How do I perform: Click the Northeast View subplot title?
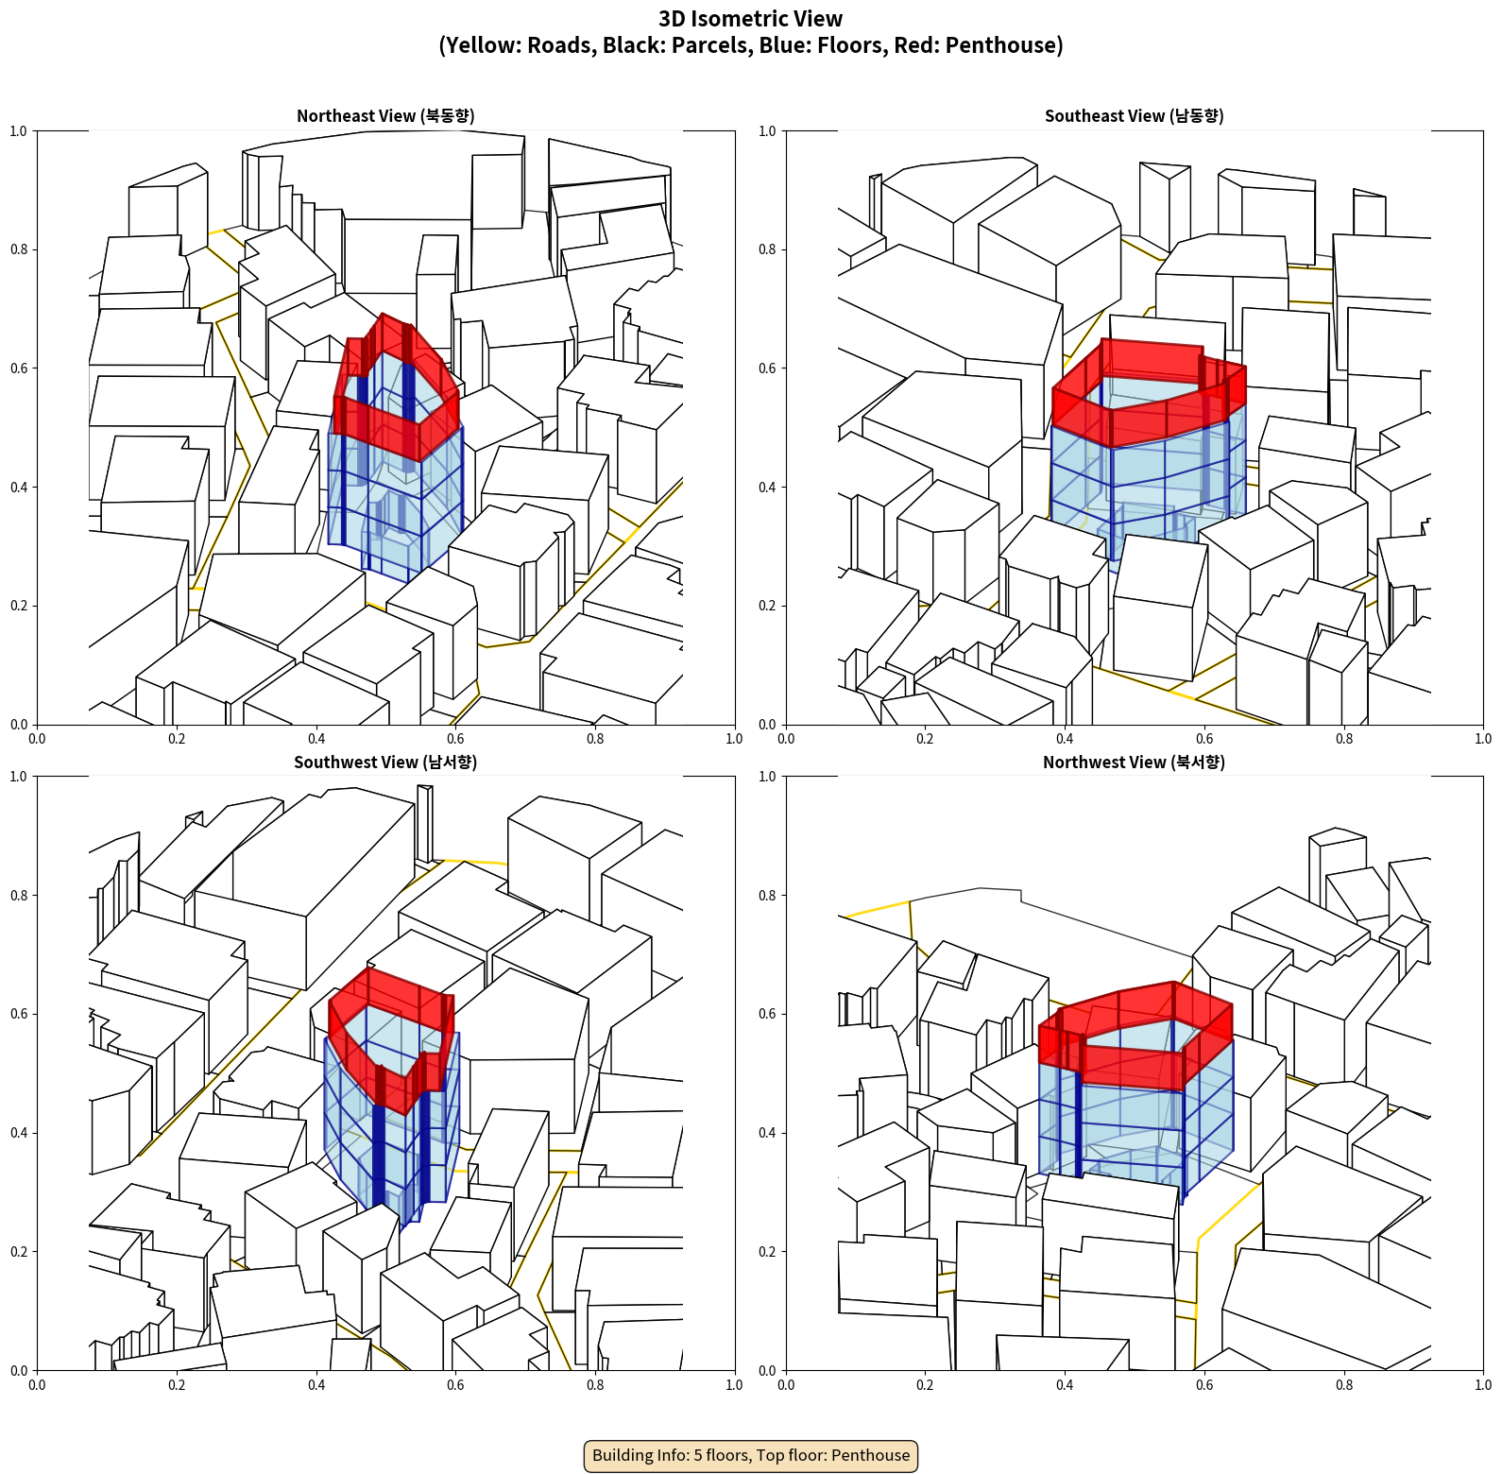[385, 115]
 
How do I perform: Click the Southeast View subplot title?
[1134, 115]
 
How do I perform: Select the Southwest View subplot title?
[385, 762]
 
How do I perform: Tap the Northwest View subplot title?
[1134, 762]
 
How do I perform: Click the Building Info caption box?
[751, 1455]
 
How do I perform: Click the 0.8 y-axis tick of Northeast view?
[20, 249]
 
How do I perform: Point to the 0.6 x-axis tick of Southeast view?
[1204, 739]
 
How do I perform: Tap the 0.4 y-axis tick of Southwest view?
[20, 1133]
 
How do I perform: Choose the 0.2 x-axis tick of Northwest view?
[925, 1385]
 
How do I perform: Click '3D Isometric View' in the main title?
[751, 19]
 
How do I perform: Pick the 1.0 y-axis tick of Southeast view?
[768, 131]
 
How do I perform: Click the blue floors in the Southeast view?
[1149, 491]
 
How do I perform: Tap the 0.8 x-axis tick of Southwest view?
[595, 1385]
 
